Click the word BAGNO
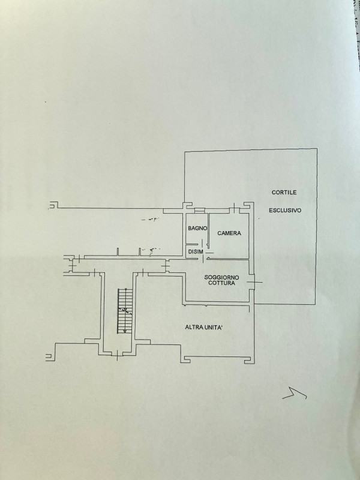[x=197, y=229]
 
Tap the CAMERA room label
[x=229, y=233]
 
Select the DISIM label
[x=195, y=252]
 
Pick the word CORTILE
[x=284, y=192]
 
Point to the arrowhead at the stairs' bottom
[x=124, y=331]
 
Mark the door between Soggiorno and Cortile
[x=254, y=281]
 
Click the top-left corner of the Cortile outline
[x=184, y=152]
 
